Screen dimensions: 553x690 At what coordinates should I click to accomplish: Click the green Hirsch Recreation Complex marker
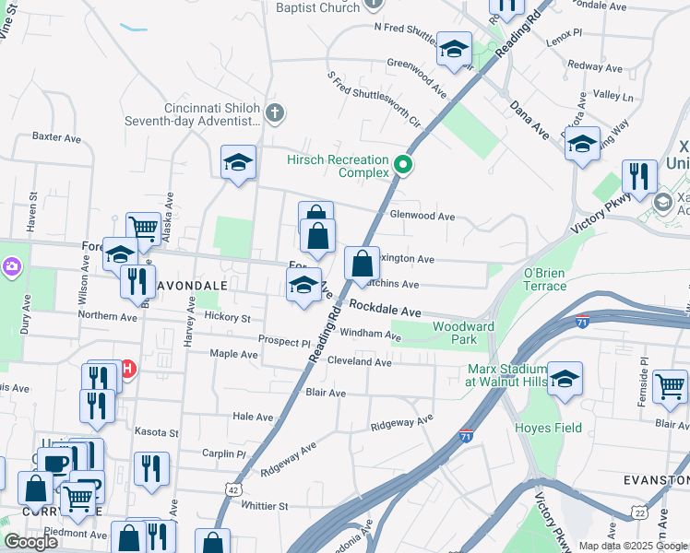pyautogui.click(x=403, y=166)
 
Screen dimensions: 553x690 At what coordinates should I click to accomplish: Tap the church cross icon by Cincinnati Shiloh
pyautogui.click(x=274, y=113)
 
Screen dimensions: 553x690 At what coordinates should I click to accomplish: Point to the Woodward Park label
pyautogui.click(x=464, y=333)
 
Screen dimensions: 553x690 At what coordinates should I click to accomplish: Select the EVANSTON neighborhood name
pyautogui.click(x=656, y=480)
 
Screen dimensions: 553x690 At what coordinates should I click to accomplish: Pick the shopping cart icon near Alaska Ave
pyautogui.click(x=142, y=227)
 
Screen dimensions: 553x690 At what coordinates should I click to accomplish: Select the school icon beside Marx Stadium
pyautogui.click(x=565, y=378)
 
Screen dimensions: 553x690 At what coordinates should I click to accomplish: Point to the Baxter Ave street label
pyautogui.click(x=57, y=136)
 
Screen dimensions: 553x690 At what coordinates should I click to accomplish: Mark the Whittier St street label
pyautogui.click(x=265, y=505)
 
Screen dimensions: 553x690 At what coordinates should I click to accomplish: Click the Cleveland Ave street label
pyautogui.click(x=360, y=362)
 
